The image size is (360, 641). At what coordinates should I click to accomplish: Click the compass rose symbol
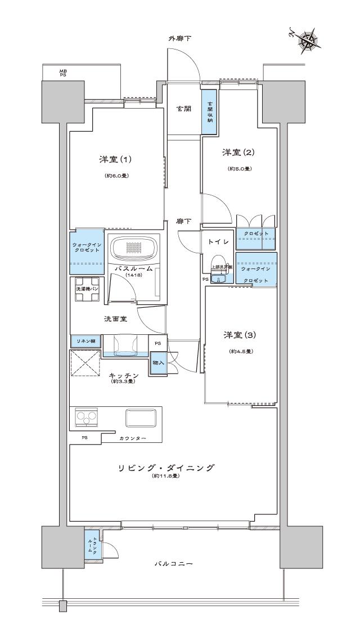[x=309, y=40]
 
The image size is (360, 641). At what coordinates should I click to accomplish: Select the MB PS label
[x=63, y=72]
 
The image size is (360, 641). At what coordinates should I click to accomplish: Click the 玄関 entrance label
[x=182, y=109]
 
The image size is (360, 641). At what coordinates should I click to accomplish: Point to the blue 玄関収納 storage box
[x=209, y=112]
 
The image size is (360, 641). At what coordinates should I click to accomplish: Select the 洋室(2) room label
[x=239, y=153]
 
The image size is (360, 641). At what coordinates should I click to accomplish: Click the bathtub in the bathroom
[x=135, y=247]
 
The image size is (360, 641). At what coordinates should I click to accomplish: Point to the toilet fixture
[x=220, y=271]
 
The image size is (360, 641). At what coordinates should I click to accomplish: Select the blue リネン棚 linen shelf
[x=85, y=341]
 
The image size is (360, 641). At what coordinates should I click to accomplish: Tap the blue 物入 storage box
[x=157, y=363]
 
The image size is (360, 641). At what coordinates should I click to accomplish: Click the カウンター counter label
[x=133, y=438]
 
